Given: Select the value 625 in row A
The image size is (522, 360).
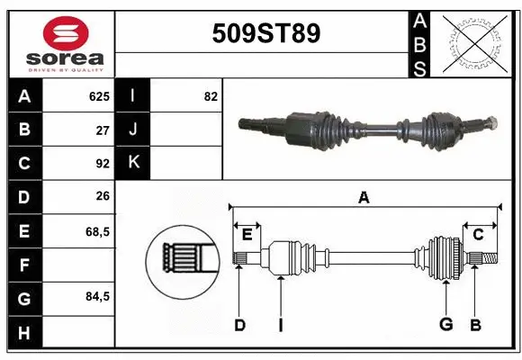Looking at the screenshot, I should [x=98, y=95].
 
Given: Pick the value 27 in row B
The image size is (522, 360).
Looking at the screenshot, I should [x=102, y=129].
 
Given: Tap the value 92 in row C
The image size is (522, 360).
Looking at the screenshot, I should [x=102, y=163].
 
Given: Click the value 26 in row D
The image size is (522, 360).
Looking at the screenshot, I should [x=102, y=197].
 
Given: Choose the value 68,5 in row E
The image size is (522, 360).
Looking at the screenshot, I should [x=96, y=231].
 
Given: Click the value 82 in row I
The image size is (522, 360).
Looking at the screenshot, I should [x=211, y=95].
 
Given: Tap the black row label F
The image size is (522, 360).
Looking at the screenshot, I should [x=23, y=265].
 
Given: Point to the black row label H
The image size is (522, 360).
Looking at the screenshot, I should [x=23, y=332].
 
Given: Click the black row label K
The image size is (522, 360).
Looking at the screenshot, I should [x=133, y=163].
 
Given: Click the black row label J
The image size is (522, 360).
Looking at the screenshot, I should [x=133, y=129].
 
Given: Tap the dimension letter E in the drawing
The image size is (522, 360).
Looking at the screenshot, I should [x=247, y=234].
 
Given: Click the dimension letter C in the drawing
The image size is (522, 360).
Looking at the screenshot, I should [x=478, y=234].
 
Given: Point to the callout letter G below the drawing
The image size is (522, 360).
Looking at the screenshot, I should [x=445, y=324].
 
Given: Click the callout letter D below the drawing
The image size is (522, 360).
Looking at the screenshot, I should [x=239, y=324].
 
